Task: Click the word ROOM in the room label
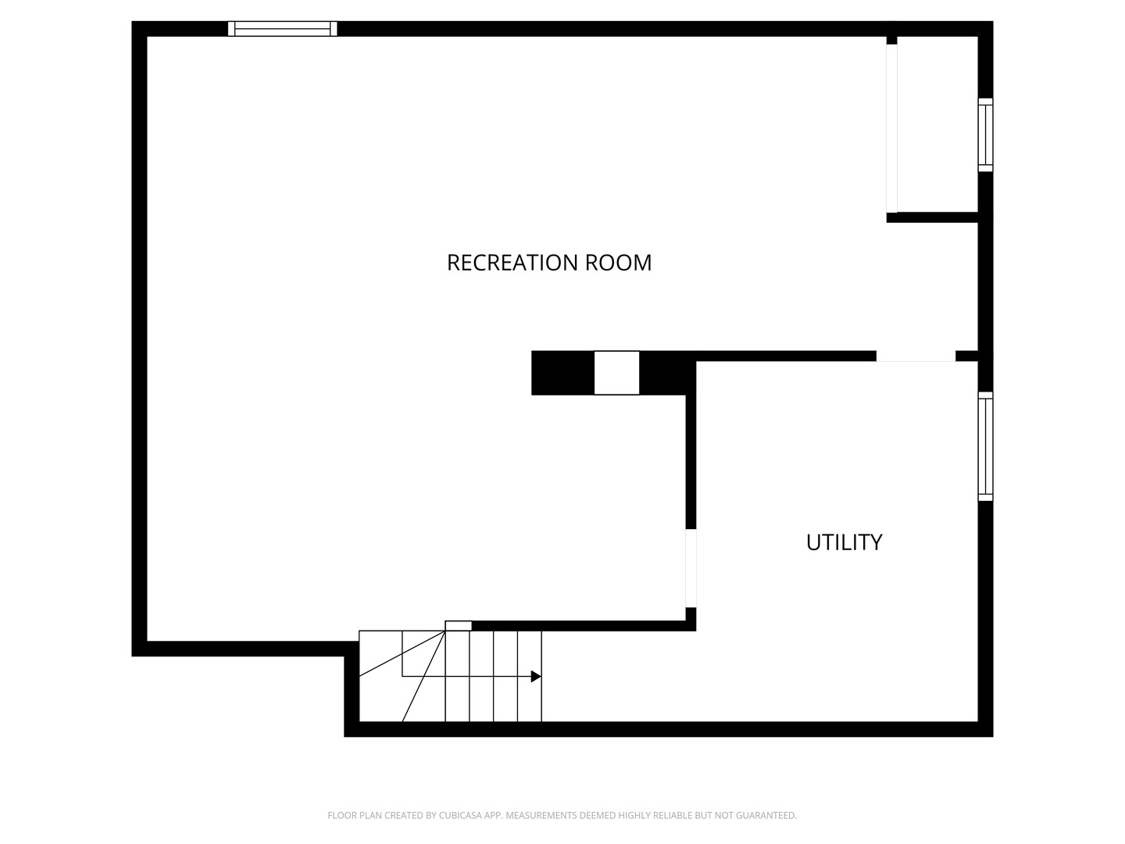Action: click(x=619, y=263)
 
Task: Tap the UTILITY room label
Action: click(x=844, y=542)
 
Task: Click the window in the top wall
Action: click(x=282, y=29)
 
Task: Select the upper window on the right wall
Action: click(x=985, y=135)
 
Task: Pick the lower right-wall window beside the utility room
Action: click(x=985, y=446)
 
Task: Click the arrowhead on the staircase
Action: click(x=536, y=677)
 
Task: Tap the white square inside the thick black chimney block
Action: click(x=616, y=373)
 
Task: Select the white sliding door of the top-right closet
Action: click(x=892, y=128)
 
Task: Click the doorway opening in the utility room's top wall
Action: click(x=916, y=356)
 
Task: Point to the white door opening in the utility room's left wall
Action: click(x=691, y=568)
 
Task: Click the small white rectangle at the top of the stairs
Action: click(x=458, y=626)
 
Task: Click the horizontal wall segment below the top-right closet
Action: click(x=932, y=217)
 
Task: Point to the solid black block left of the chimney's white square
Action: click(x=562, y=373)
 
